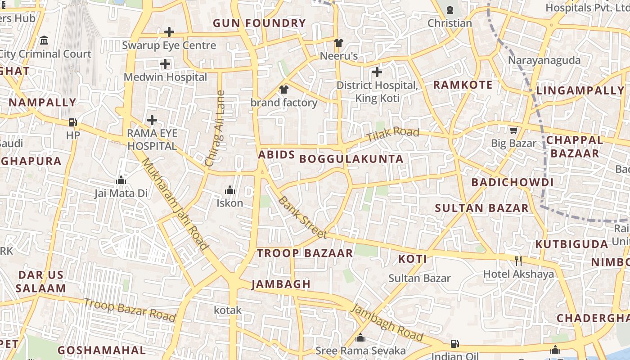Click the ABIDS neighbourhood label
pos(276,155)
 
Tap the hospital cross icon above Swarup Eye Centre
pos(169,32)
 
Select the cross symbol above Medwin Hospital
pos(165,64)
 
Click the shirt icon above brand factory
pos(283,90)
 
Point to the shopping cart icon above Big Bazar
pos(513,130)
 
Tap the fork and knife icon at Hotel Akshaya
pos(518,261)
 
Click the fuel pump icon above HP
pos(72,122)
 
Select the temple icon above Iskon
pos(230,190)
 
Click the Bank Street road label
pos(302,217)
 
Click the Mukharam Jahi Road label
pos(175,204)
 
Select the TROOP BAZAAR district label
pos(305,253)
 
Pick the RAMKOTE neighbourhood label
pos(462,85)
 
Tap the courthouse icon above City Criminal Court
pos(44,40)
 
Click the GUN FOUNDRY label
pos(259,23)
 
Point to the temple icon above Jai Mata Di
pos(121,180)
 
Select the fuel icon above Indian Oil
pos(455,344)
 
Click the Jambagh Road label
pos(387,323)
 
